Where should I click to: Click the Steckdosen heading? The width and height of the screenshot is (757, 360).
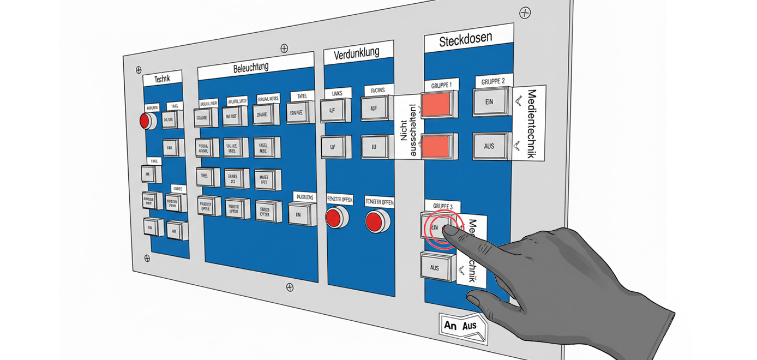466,39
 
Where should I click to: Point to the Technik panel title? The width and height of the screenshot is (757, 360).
162,79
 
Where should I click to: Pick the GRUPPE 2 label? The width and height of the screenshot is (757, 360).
493,81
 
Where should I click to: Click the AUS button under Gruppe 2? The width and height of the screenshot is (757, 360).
489,146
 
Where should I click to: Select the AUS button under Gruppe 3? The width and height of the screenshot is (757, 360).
435,268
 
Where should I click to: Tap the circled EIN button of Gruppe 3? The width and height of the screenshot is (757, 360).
436,227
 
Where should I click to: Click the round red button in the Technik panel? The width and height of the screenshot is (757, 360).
147,121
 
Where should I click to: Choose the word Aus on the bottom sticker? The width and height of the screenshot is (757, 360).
469,326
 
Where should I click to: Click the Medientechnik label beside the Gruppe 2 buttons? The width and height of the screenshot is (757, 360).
528,124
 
